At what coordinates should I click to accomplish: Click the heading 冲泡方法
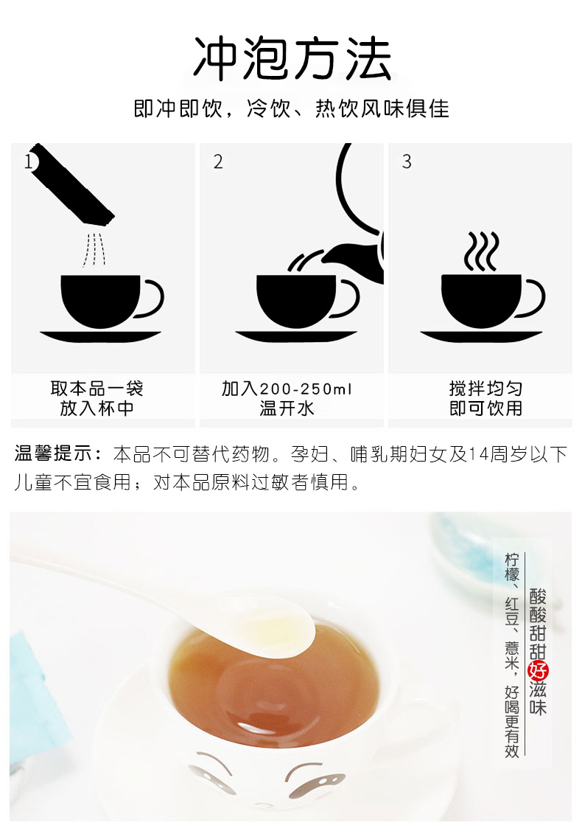point(291,58)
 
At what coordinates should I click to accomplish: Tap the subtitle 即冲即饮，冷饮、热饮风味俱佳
point(291,109)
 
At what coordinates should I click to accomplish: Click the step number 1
point(29,161)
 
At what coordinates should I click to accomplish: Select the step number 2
point(217,162)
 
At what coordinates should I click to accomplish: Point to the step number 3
point(406,161)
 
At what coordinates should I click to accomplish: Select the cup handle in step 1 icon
point(151,299)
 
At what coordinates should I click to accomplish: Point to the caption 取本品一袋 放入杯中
point(97,398)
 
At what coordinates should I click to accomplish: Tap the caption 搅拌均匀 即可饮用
point(485,398)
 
